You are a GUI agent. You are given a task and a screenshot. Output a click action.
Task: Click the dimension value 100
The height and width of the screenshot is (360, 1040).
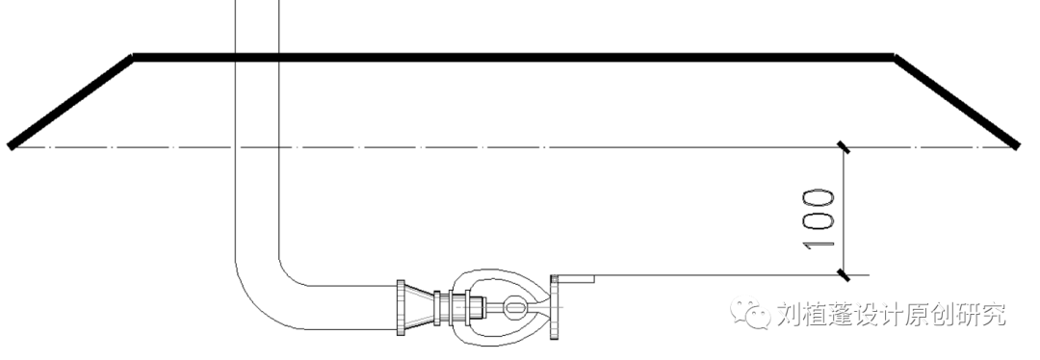tap(819, 219)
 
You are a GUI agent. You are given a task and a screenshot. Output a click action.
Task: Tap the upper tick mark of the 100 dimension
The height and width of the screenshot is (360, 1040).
tap(843, 147)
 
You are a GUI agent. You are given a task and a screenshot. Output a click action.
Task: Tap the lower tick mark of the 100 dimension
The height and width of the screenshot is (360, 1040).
tap(843, 274)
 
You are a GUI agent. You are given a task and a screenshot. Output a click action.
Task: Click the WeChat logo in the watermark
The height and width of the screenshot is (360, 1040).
tap(750, 313)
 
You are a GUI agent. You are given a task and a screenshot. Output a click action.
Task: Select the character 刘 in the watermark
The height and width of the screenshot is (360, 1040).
tap(790, 314)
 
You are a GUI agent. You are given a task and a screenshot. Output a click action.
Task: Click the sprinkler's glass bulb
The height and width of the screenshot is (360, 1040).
tap(514, 307)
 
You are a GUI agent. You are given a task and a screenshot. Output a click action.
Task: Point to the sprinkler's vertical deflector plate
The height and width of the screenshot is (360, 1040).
tap(555, 307)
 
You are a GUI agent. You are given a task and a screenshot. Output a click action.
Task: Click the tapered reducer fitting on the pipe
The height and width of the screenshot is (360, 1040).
tap(419, 307)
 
